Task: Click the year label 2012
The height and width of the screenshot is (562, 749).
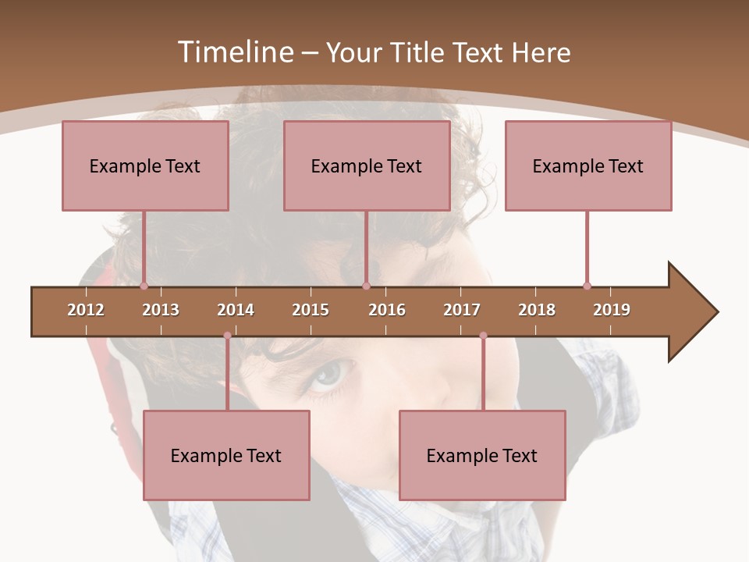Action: tap(86, 310)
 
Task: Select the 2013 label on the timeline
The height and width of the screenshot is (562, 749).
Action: tap(161, 310)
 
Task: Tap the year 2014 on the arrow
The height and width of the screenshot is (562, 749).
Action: tap(236, 310)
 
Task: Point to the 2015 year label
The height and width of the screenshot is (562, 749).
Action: tap(311, 310)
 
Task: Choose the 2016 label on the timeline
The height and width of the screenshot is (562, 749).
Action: tap(387, 310)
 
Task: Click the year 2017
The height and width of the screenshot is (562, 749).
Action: tap(462, 310)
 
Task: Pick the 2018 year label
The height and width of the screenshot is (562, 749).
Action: tap(537, 310)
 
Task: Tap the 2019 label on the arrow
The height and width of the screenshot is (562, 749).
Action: tap(612, 310)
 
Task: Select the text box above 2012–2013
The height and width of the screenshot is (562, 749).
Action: tap(145, 165)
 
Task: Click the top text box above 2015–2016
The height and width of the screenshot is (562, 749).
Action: tap(367, 165)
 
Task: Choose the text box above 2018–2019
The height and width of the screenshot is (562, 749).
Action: tap(588, 165)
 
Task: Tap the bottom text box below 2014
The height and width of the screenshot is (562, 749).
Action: tap(226, 455)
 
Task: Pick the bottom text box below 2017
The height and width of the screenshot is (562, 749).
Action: tap(482, 455)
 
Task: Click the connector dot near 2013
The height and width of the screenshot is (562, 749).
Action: tap(144, 286)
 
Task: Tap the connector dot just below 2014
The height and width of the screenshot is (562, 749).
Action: tap(227, 336)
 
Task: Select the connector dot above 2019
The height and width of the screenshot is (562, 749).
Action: tap(587, 286)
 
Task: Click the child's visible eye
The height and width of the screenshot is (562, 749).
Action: tap(328, 375)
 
